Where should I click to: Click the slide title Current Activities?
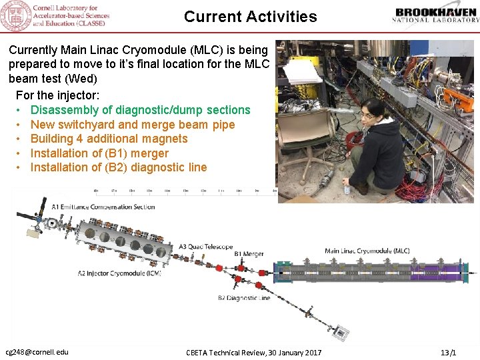click(250, 17)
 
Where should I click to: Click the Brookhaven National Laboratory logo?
click(437, 17)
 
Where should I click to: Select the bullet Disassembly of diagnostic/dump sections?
click(140, 110)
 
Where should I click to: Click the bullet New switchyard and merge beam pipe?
click(133, 125)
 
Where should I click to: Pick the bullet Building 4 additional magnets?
click(109, 139)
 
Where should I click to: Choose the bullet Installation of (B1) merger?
click(99, 153)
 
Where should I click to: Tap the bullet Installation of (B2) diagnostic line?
click(119, 167)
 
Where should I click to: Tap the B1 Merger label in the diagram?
click(249, 254)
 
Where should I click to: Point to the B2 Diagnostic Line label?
click(244, 298)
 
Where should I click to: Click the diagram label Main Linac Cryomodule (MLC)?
click(367, 251)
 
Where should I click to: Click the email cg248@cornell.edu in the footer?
click(37, 352)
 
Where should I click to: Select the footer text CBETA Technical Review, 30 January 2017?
click(253, 352)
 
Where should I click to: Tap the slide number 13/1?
click(448, 352)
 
